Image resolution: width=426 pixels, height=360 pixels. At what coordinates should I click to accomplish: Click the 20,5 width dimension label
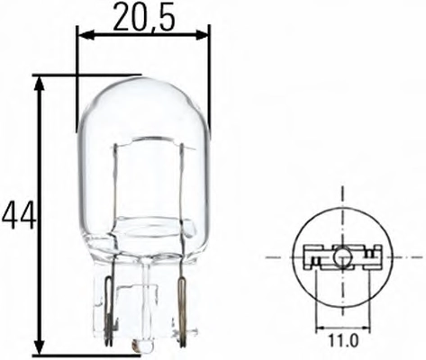144,18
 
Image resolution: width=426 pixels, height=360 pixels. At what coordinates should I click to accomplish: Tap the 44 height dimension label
19,215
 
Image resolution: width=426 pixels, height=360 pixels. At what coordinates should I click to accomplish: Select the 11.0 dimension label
343,341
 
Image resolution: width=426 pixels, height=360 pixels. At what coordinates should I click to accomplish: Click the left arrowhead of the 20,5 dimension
86,35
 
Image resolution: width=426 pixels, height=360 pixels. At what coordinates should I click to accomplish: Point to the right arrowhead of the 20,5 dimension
201,34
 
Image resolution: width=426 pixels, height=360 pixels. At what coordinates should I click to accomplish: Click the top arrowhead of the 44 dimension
40,84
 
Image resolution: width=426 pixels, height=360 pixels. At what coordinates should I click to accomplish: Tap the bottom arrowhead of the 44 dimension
40,346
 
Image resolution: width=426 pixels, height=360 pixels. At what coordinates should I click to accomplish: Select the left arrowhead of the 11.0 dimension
321,327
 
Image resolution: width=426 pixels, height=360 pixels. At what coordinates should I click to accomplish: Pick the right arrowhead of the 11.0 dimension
364,327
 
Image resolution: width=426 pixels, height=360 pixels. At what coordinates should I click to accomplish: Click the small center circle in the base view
342,256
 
